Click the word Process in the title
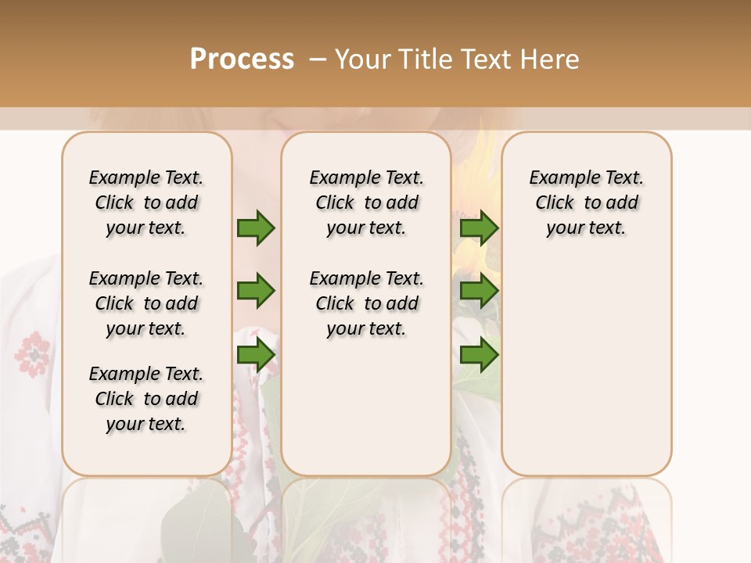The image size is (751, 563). tap(242, 59)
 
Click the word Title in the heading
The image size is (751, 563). tap(422, 59)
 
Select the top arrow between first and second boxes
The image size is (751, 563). tap(256, 228)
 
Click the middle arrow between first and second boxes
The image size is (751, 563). tap(256, 291)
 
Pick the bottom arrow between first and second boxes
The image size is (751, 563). tap(256, 355)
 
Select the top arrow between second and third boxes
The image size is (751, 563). tap(479, 228)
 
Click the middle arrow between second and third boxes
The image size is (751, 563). tap(479, 291)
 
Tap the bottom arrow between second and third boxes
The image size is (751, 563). tap(479, 355)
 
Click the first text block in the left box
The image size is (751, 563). tap(146, 203)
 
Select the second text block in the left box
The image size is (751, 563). tap(146, 303)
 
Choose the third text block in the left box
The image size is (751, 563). tap(146, 399)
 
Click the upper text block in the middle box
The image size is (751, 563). tap(366, 203)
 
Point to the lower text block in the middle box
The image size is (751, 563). tap(366, 303)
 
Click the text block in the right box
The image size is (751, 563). tap(587, 203)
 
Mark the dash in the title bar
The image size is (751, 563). tap(318, 59)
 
